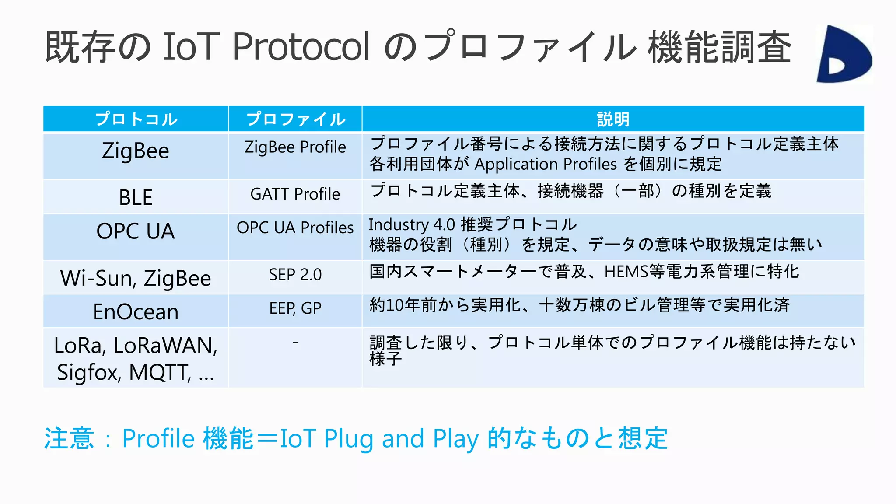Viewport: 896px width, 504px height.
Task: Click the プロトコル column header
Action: click(136, 119)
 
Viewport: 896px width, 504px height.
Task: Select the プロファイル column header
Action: click(295, 119)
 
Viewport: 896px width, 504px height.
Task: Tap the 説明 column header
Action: click(613, 119)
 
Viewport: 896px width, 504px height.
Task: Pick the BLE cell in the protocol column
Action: click(136, 197)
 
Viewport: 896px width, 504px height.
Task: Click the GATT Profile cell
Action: click(295, 194)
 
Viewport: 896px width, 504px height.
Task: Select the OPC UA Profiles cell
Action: click(295, 227)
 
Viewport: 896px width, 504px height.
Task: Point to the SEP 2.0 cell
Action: click(295, 275)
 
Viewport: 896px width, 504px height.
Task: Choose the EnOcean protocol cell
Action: click(136, 312)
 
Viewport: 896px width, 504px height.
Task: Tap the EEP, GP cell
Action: click(295, 308)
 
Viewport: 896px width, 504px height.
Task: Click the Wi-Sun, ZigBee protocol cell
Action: click(136, 278)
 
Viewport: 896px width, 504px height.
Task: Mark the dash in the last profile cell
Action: click(295, 343)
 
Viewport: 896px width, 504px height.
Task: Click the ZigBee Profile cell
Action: click(295, 147)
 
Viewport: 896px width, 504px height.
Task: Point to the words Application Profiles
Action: click(546, 164)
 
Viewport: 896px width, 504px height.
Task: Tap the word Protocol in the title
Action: click(301, 46)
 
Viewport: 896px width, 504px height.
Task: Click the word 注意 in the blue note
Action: click(69, 438)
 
